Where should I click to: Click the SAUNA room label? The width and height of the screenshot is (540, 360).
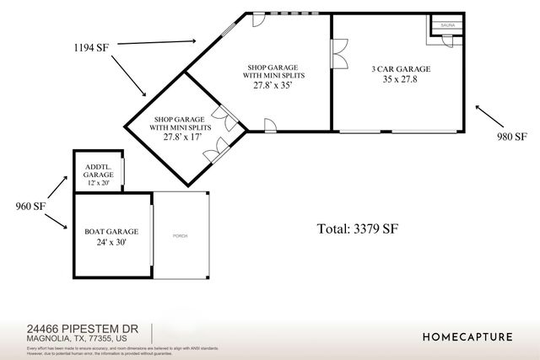[446, 26]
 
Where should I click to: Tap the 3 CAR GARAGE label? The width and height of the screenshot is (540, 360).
[402, 68]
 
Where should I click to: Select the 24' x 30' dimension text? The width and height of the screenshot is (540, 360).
[111, 241]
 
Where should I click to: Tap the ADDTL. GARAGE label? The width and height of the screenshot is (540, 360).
[98, 169]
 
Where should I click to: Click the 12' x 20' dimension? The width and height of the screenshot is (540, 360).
[98, 182]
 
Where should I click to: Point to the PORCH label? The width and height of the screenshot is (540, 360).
[181, 235]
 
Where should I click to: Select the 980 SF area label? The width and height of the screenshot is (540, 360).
[510, 137]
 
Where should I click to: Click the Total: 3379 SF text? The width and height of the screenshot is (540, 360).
[358, 228]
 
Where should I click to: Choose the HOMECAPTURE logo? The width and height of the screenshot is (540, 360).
[467, 336]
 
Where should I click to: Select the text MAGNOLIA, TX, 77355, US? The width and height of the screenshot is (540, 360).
[77, 339]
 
